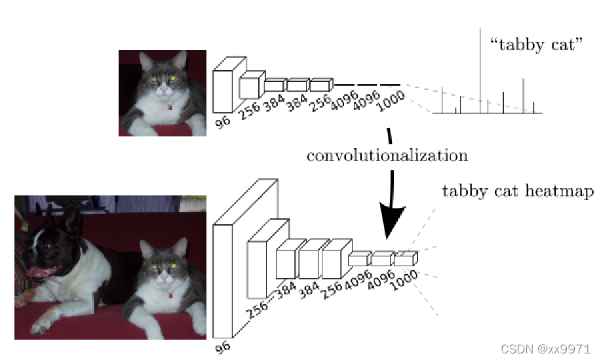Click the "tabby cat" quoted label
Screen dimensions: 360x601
(x=536, y=45)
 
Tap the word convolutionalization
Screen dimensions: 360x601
(x=387, y=155)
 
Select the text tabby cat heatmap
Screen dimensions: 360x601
(x=518, y=191)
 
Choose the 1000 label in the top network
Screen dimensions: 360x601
(x=391, y=102)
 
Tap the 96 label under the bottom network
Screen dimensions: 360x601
(x=223, y=348)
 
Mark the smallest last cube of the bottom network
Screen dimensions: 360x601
(x=405, y=259)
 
